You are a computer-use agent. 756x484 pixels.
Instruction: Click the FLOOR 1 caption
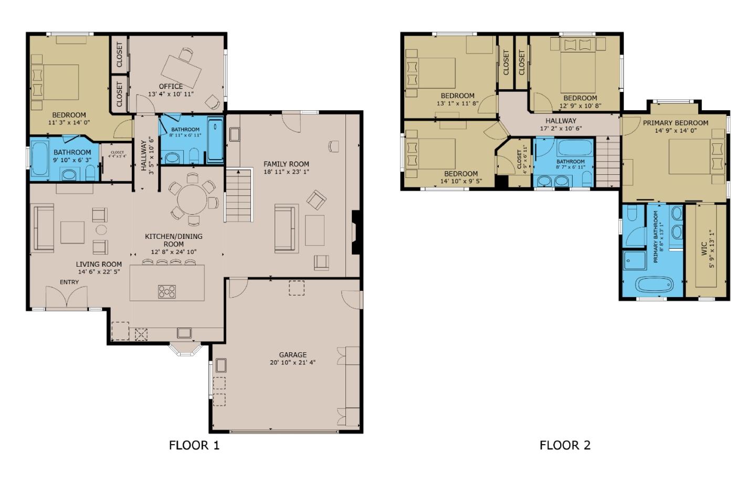[x=194, y=445]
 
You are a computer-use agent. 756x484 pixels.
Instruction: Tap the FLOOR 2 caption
[x=565, y=445]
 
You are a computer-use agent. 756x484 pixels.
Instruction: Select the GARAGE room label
[x=292, y=355]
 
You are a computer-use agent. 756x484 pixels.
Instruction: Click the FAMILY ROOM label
[x=286, y=164]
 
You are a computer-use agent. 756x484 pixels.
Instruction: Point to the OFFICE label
[x=171, y=87]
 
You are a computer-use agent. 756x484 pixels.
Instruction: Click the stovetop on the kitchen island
[x=167, y=291]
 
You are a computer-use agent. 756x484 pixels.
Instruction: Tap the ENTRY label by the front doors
[x=69, y=282]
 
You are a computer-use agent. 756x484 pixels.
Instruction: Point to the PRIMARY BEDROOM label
[x=675, y=123]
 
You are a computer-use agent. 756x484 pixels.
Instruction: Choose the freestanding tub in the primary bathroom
[x=654, y=285]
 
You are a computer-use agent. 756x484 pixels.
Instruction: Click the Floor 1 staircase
[x=239, y=195]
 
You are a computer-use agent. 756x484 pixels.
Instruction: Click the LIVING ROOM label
[x=99, y=264]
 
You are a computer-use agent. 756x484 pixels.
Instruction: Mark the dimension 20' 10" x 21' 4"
[x=292, y=362]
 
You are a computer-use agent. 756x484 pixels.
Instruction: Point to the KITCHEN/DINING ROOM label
[x=173, y=240]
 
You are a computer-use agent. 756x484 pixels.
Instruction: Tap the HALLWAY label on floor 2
[x=561, y=121]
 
